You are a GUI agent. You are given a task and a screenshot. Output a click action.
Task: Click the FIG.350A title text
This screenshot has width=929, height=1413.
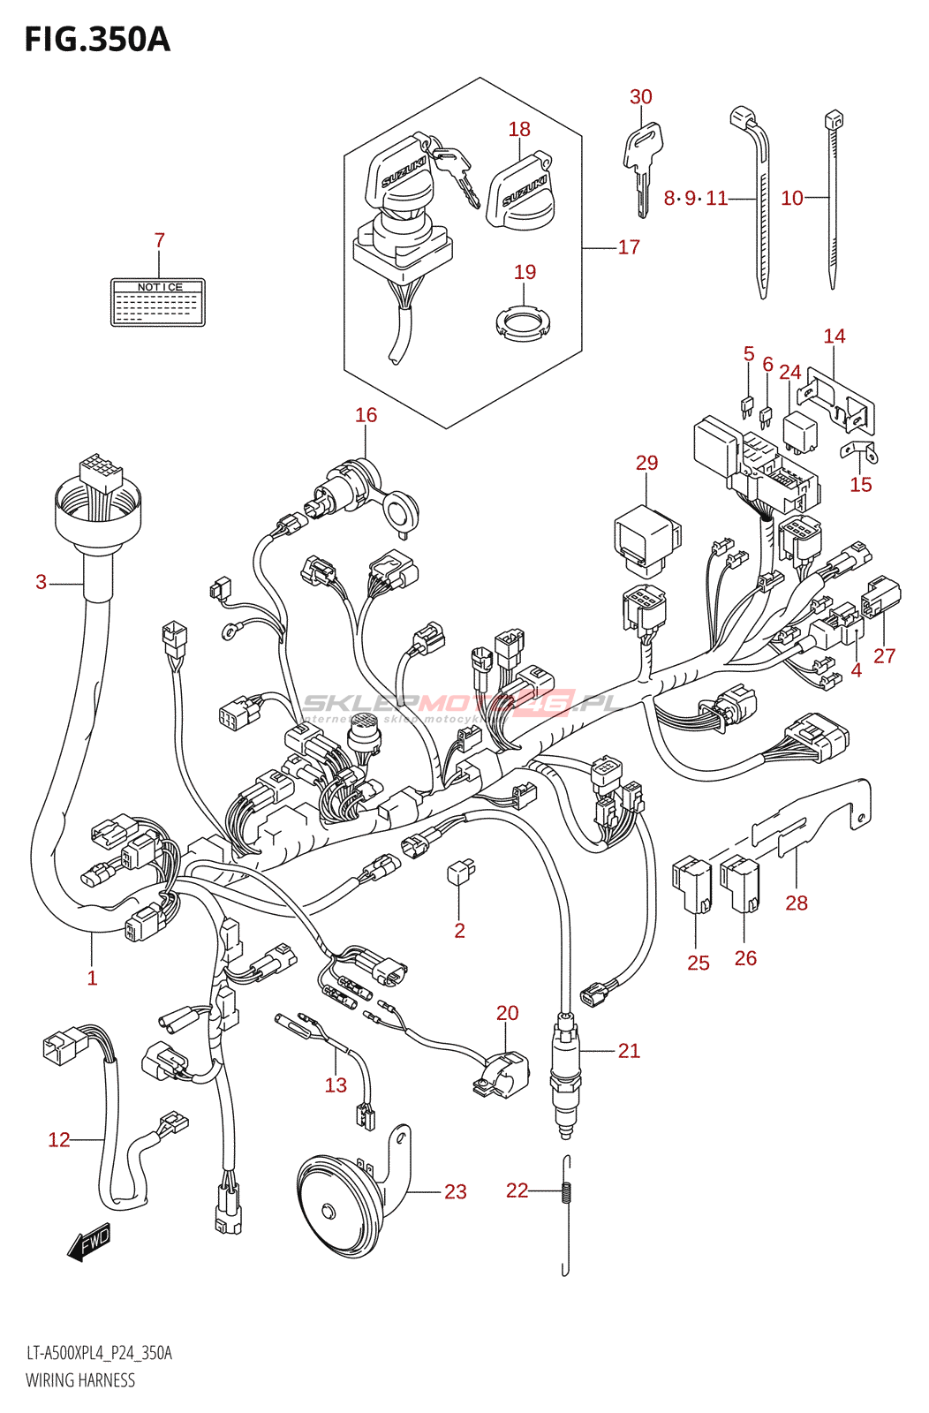coord(97,40)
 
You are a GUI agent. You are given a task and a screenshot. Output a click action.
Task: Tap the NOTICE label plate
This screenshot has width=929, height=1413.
coord(158,302)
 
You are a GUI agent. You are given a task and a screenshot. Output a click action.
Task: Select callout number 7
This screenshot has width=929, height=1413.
coord(159,240)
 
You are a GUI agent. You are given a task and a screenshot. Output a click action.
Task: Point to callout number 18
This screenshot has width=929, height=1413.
coord(519,129)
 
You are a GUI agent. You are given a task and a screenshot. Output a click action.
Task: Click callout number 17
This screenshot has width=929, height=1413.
coord(629,247)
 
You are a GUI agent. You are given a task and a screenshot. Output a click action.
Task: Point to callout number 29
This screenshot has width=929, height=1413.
coord(646,463)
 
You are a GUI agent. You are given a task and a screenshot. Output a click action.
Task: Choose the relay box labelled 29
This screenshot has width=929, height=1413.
coord(646,535)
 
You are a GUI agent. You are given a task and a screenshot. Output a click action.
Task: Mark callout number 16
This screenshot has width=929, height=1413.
coord(366,415)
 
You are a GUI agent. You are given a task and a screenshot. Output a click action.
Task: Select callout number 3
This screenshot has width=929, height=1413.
coord(41,582)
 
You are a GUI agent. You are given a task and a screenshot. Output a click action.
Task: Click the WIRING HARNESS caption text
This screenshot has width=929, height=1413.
coord(80,1380)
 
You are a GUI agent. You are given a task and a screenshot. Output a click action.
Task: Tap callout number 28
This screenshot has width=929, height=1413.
coord(797,903)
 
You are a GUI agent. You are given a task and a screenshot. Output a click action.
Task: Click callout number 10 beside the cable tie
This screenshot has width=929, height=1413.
coord(792,198)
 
